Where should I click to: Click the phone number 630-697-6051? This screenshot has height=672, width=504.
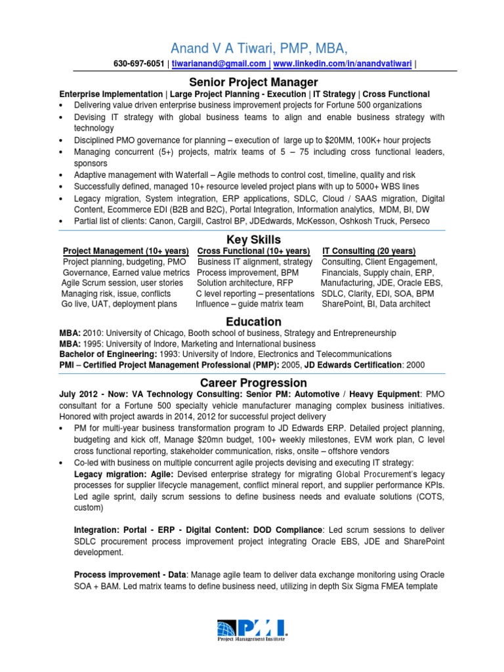pyautogui.click(x=139, y=64)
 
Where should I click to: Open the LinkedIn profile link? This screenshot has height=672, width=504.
pyautogui.click(x=343, y=64)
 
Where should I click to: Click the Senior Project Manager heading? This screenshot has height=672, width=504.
pyautogui.click(x=244, y=82)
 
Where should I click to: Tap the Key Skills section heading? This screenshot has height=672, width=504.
pyautogui.click(x=253, y=239)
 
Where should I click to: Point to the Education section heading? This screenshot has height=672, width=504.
pyautogui.click(x=253, y=322)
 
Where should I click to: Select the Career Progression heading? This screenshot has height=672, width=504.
pyautogui.click(x=253, y=382)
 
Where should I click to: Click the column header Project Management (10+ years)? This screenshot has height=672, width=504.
pyautogui.click(x=125, y=251)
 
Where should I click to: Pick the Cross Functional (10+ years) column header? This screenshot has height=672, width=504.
pyautogui.click(x=253, y=251)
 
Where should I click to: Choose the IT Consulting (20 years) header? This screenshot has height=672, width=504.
pyautogui.click(x=368, y=251)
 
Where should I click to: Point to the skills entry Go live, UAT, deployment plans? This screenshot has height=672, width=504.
pyautogui.click(x=119, y=304)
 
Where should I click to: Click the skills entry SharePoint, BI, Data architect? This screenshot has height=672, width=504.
pyautogui.click(x=376, y=304)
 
